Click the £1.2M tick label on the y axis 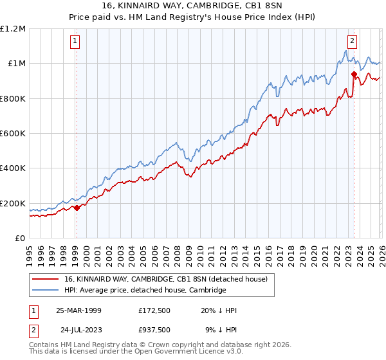(x=13, y=28)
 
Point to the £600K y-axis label (x=13, y=133)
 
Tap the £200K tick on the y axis (x=13, y=203)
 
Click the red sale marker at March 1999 (x=77, y=208)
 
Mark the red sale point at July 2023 (x=354, y=74)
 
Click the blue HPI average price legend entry (x=145, y=291)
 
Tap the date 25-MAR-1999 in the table (x=78, y=310)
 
